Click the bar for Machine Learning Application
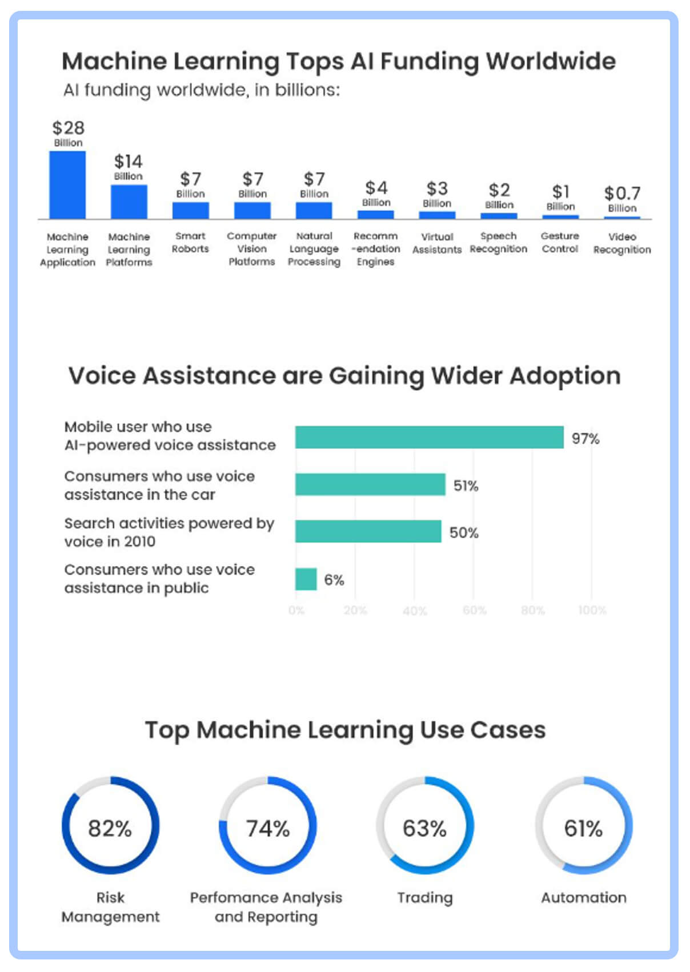tap(67, 184)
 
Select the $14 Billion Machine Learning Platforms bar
tap(129, 202)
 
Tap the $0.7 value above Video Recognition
tap(622, 193)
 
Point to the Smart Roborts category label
tap(190, 242)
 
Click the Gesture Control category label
tap(560, 242)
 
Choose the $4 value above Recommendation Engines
tap(376, 188)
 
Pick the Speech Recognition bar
tap(499, 216)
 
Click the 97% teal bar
tap(429, 437)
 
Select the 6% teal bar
tap(306, 579)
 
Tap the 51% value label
tap(466, 485)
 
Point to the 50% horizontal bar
tap(368, 532)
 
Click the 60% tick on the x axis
tap(474, 610)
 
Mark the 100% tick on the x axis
tap(592, 610)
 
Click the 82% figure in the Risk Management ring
tap(110, 828)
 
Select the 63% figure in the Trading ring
tap(424, 828)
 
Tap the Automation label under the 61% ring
tap(583, 897)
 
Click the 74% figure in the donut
tap(267, 828)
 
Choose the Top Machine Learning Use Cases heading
tap(345, 730)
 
